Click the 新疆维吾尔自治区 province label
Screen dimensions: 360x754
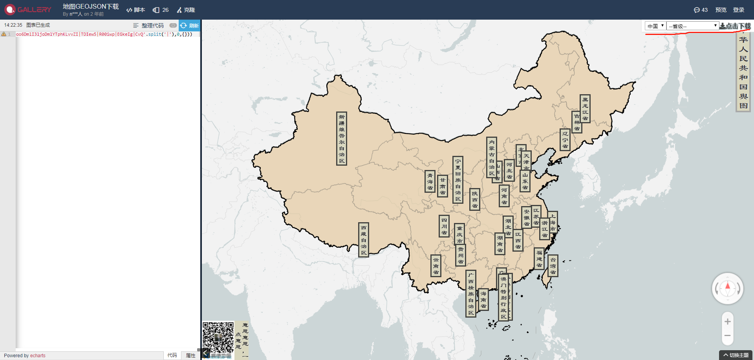(x=342, y=139)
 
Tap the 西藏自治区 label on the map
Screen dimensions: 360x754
(x=364, y=240)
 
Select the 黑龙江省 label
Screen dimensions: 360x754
(x=585, y=109)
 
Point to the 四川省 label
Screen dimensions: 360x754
(x=444, y=226)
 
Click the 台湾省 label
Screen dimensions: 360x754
(x=553, y=266)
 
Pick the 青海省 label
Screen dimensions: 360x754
(x=430, y=181)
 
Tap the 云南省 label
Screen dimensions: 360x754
(x=436, y=266)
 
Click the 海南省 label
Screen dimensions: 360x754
(x=483, y=300)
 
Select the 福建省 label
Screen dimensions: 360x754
(x=539, y=259)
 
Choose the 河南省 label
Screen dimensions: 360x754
(x=504, y=196)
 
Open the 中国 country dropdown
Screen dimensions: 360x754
(x=655, y=26)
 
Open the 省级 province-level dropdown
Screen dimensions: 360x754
(x=693, y=26)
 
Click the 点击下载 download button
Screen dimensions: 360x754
(x=735, y=26)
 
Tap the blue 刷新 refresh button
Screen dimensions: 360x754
(x=190, y=26)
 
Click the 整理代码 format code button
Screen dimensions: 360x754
(x=148, y=26)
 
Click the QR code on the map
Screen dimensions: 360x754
(x=218, y=337)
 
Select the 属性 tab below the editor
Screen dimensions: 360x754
(x=190, y=355)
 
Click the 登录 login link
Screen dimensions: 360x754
(x=738, y=10)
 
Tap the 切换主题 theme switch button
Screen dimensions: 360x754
(x=736, y=355)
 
